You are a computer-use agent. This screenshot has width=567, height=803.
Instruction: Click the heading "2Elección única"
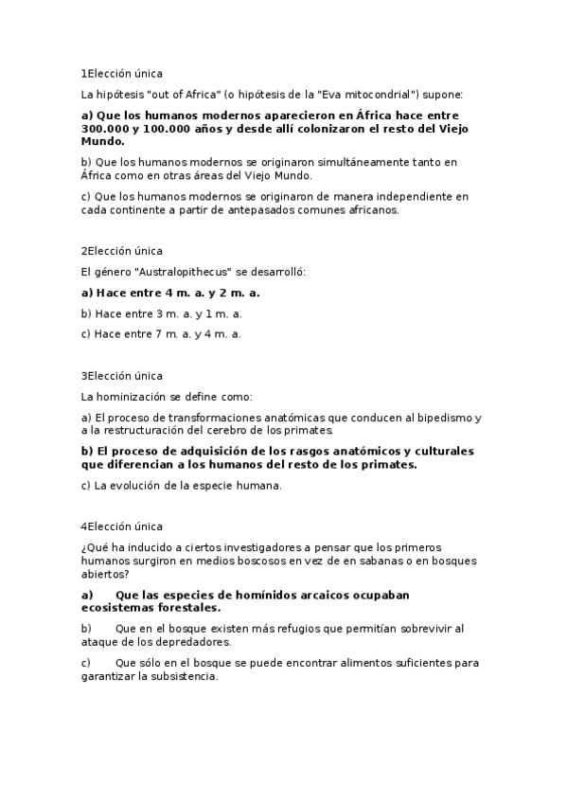point(122,251)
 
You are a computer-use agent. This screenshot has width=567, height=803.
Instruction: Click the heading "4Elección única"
point(122,526)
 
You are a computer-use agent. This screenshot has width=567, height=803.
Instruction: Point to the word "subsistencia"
point(183,676)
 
